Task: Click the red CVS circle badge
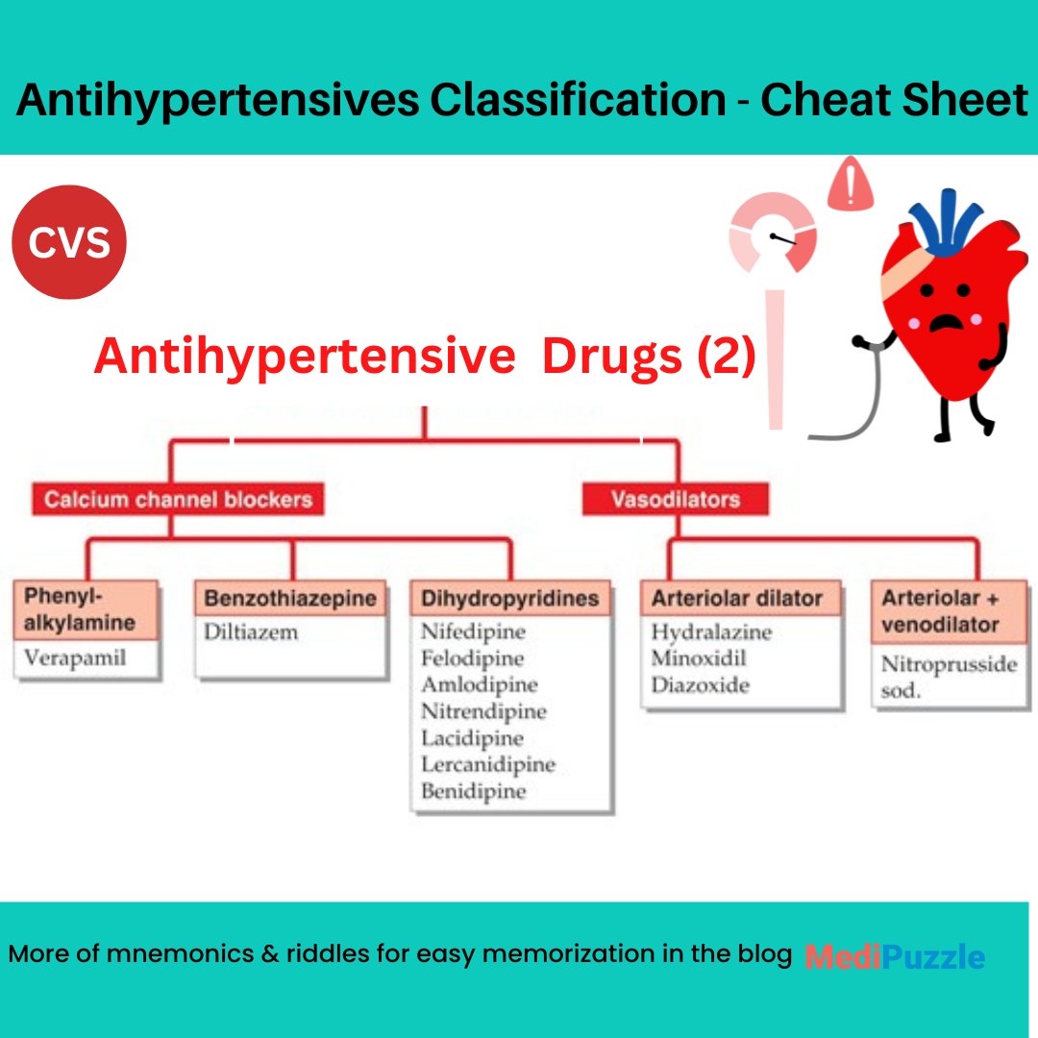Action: pyautogui.click(x=69, y=243)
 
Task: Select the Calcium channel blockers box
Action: pyautogui.click(x=178, y=500)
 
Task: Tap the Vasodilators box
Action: pyautogui.click(x=676, y=500)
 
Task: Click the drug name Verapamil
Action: pyautogui.click(x=76, y=660)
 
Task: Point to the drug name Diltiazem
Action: pyautogui.click(x=250, y=632)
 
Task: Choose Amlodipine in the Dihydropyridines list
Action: pyautogui.click(x=479, y=685)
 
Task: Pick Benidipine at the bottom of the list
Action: pyautogui.click(x=473, y=792)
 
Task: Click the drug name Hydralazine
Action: pyautogui.click(x=710, y=632)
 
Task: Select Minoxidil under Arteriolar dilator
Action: pyautogui.click(x=698, y=659)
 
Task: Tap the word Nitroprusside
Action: pyautogui.click(x=949, y=664)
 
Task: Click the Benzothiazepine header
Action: pyautogui.click(x=290, y=599)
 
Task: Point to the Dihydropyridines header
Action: pyautogui.click(x=509, y=599)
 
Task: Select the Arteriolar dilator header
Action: pyautogui.click(x=737, y=599)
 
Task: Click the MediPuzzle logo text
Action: pyautogui.click(x=894, y=956)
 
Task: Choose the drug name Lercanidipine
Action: pyautogui.click(x=487, y=765)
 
